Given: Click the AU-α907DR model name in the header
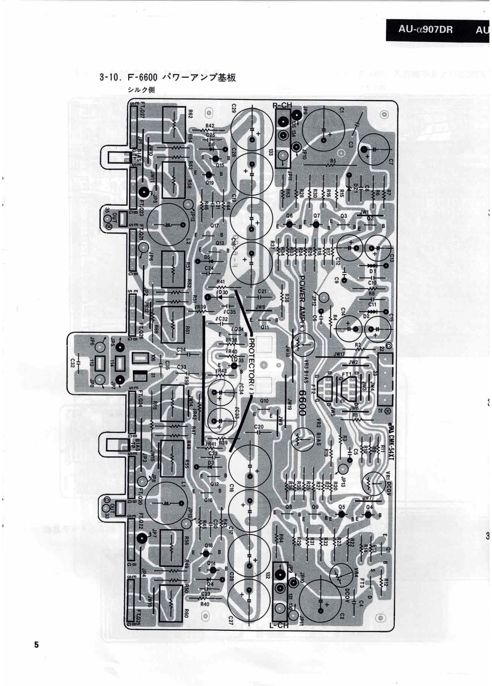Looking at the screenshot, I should click(x=425, y=30).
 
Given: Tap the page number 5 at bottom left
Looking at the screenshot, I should click(x=36, y=644).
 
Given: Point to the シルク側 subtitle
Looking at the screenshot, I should click(x=141, y=90).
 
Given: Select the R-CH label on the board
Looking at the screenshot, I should click(x=282, y=105).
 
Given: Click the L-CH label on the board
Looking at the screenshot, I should click(x=279, y=626).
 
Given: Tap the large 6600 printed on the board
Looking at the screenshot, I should click(x=301, y=403).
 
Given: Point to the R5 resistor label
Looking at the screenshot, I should click(x=332, y=162).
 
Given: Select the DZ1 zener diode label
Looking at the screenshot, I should click(x=355, y=187).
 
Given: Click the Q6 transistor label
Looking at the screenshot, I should click(x=289, y=216).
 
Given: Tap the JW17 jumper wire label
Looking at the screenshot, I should click(x=339, y=354).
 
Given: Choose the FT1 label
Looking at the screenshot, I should click(x=347, y=374).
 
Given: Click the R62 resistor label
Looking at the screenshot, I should click(x=190, y=114).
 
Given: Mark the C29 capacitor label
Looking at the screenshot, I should click(x=234, y=108).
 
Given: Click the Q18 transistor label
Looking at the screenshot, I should click(x=209, y=545).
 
